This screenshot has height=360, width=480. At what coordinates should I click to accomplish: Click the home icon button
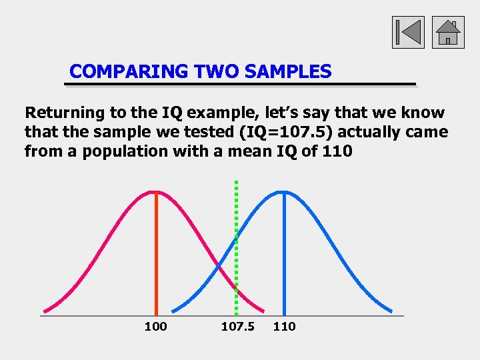448,32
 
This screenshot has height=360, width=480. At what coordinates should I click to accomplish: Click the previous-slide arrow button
408,32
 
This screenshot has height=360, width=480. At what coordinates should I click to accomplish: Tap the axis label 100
155,326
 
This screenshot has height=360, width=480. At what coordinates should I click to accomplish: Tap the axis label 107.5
237,326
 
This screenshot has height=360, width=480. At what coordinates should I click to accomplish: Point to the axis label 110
284,326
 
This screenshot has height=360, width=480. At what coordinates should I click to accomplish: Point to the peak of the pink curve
156,193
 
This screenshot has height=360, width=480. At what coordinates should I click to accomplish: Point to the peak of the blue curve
284,193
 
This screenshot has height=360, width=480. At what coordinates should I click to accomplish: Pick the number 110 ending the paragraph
337,151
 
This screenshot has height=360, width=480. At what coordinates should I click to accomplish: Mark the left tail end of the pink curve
45,310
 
